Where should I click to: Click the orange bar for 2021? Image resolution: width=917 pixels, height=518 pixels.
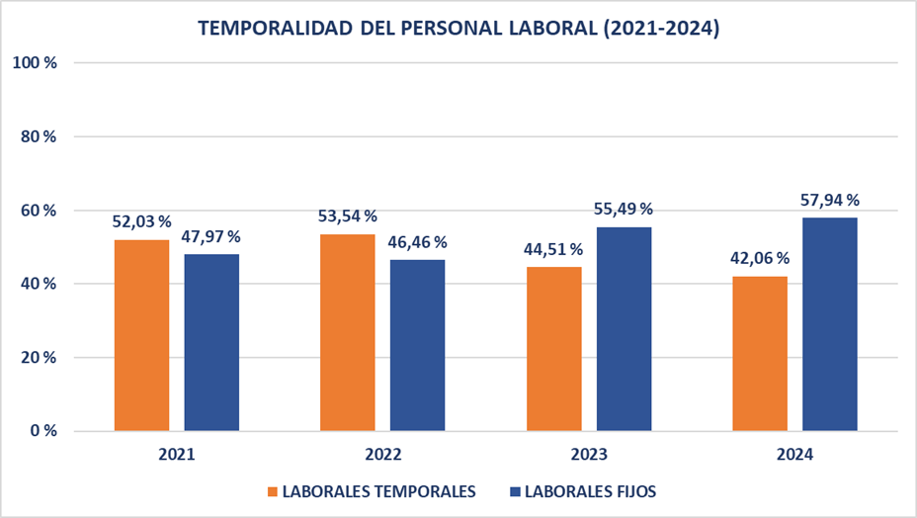[x=142, y=335]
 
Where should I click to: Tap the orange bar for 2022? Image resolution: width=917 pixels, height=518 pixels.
[x=348, y=332]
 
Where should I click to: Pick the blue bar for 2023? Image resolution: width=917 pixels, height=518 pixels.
[x=624, y=328]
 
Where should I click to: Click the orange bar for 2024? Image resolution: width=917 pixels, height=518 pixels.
[x=760, y=353]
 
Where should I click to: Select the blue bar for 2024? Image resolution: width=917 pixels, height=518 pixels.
[x=829, y=324]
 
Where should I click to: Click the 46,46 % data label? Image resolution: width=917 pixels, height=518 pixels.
[x=417, y=242]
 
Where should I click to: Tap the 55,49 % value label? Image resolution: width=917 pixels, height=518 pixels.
[x=624, y=210]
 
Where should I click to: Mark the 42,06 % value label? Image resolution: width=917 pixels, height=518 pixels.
[x=760, y=258]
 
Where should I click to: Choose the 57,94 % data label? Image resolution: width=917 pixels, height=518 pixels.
[x=829, y=201]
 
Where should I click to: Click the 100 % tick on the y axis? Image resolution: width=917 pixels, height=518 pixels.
[x=35, y=62]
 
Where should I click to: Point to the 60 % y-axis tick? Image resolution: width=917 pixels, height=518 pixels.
[x=38, y=211]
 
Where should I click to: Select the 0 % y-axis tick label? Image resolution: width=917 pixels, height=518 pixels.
[x=42, y=431]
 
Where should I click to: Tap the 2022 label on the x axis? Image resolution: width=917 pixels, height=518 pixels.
[x=382, y=456]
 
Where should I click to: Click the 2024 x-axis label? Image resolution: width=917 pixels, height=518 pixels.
[x=794, y=456]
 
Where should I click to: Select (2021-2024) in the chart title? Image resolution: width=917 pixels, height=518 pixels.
[x=659, y=29]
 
